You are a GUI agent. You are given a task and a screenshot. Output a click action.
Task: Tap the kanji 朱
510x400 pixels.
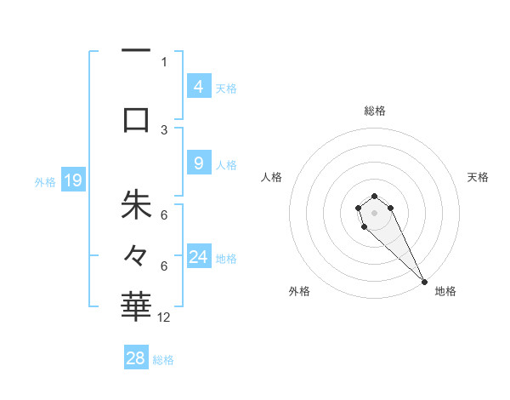coord(136,205)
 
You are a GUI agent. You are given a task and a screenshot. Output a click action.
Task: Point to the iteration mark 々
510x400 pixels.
coord(136,254)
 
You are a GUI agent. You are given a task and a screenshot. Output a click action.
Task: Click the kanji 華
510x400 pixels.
coord(136,305)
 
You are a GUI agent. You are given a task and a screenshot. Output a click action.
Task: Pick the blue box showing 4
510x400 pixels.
coord(198,86)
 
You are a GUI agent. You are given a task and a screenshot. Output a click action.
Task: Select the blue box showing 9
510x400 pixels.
coord(198,163)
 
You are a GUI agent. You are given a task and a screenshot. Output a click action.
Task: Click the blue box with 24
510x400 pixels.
coord(199,257)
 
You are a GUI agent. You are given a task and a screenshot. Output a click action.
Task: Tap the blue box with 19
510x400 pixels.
coord(72,180)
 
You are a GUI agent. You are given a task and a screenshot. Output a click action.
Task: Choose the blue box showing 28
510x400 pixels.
coord(136,358)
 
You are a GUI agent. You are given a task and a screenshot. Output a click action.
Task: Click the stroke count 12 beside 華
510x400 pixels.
coord(164,317)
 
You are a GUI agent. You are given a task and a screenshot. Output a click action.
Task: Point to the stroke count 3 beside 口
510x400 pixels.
coord(164,129)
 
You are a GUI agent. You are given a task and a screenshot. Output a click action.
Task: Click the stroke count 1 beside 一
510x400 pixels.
coord(164,61)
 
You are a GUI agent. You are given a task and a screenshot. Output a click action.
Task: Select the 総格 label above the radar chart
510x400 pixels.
coord(375,111)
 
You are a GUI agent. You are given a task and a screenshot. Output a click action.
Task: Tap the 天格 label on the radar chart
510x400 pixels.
coord(479,177)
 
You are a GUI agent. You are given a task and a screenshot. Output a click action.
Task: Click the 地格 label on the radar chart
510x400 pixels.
coord(445,291)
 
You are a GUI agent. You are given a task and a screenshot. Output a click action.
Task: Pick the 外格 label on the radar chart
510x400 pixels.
coord(299,291)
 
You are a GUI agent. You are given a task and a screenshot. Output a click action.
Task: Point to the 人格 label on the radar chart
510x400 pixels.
coord(272,177)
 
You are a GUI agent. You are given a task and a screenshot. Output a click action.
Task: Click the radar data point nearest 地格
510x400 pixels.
coord(424,282)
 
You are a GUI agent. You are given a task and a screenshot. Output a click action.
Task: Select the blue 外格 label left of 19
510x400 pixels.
coord(44,181)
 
